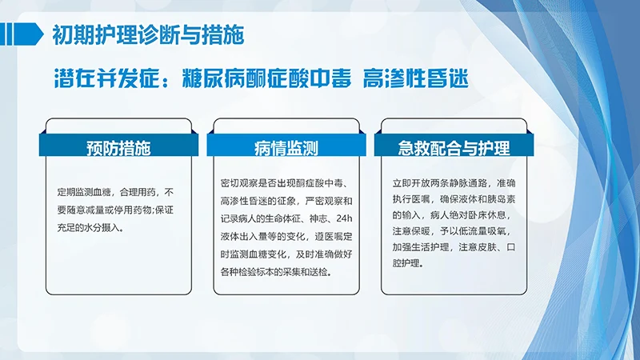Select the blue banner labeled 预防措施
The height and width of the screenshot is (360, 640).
pos(118,147)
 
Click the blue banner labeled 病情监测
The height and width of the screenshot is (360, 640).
pos(286,147)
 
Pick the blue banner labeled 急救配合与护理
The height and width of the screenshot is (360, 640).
pos(454,147)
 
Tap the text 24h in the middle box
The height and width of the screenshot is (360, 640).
pos(342,219)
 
